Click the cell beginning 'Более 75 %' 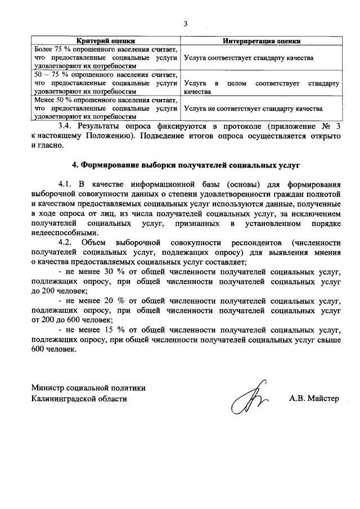[106, 58]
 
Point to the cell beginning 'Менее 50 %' [106, 109]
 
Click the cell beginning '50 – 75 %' [106, 83]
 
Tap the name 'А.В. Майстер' [314, 398]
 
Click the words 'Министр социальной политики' [88, 388]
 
